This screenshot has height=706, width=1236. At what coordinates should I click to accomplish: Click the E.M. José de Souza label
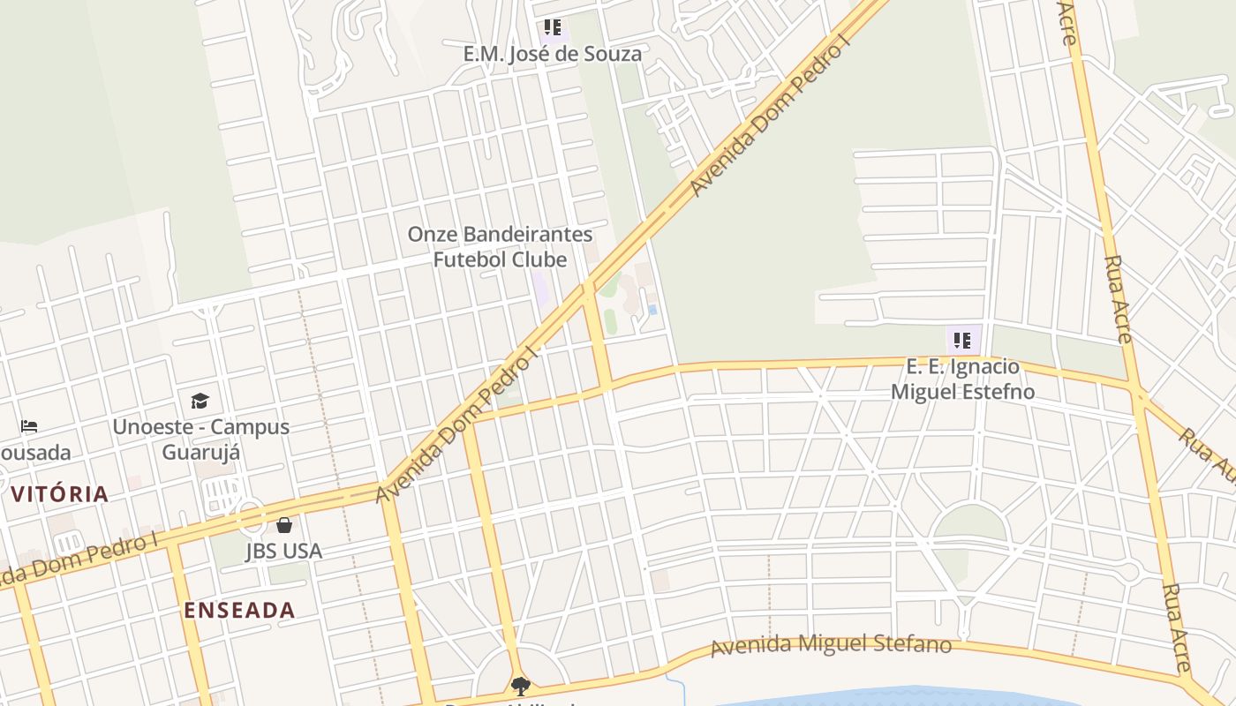coord(552,54)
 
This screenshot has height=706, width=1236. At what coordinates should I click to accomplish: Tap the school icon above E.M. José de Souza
coord(553,27)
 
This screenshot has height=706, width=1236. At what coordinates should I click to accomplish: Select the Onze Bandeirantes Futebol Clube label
coord(500,247)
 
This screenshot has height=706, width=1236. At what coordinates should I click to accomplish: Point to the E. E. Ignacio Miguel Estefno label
coord(962,379)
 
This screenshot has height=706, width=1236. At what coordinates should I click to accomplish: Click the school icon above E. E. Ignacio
coord(962,340)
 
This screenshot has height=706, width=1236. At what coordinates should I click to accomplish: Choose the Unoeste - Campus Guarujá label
coord(200,439)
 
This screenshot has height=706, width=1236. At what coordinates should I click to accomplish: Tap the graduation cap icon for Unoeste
coord(200,402)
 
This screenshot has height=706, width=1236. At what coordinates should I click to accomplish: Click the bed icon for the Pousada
coord(29,427)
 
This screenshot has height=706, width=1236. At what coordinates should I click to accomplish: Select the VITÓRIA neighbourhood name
coord(60,494)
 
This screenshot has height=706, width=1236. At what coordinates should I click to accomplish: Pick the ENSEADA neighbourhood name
coord(239,610)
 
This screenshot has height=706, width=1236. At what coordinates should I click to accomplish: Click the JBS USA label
coord(283,552)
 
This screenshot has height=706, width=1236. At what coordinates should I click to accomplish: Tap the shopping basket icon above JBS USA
coord(284,525)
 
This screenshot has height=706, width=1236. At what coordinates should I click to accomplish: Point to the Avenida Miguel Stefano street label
coord(831,644)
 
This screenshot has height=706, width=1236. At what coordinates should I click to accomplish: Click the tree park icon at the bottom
coord(521,686)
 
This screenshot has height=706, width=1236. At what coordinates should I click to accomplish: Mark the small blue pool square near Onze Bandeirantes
coord(652,310)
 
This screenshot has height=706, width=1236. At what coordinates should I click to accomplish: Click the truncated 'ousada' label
coord(35,453)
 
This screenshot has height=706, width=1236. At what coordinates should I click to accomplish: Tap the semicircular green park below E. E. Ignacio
coord(970,524)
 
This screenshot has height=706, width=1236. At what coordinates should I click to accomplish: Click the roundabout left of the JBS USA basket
coord(248,516)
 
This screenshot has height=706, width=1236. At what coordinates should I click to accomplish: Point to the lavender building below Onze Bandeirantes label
coord(540,289)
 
